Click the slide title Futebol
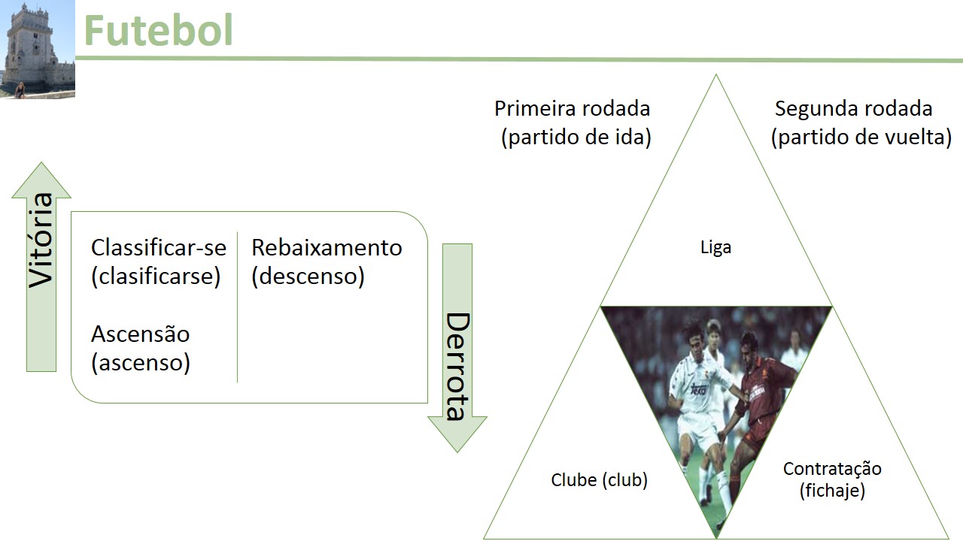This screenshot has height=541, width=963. pos(158,31)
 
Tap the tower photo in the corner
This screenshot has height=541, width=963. pos(38,49)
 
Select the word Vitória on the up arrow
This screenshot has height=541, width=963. pos(41,240)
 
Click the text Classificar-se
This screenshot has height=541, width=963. pos(159,247)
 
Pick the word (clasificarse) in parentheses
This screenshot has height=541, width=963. pos(156,277)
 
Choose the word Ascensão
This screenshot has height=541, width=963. pos(140,334)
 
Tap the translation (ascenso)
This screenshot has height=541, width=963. pos(140,363)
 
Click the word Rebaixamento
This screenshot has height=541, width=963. pos(327,247)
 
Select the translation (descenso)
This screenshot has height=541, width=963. pos(308,277)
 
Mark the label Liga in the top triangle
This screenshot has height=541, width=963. pos(715,247)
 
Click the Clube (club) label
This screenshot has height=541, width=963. pos(599,479)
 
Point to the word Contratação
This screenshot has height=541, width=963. pos(832,469)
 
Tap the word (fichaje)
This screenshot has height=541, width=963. pos(832,491)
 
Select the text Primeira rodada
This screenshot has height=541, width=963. pos(572,108)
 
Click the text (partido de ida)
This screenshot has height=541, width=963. pos(576,138)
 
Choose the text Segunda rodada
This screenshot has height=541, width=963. pos(853,108)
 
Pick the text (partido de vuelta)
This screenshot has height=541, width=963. pos(861,138)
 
